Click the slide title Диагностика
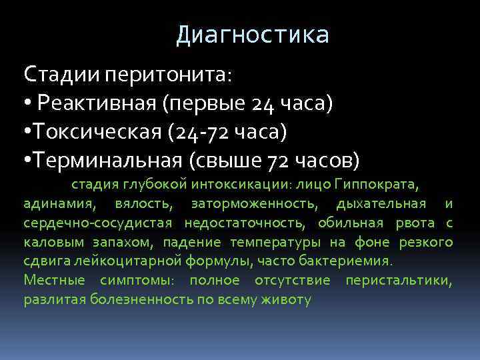(x=253, y=35)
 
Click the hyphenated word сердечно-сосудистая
(x=98, y=222)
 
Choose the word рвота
(x=416, y=222)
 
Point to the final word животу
(x=287, y=300)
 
